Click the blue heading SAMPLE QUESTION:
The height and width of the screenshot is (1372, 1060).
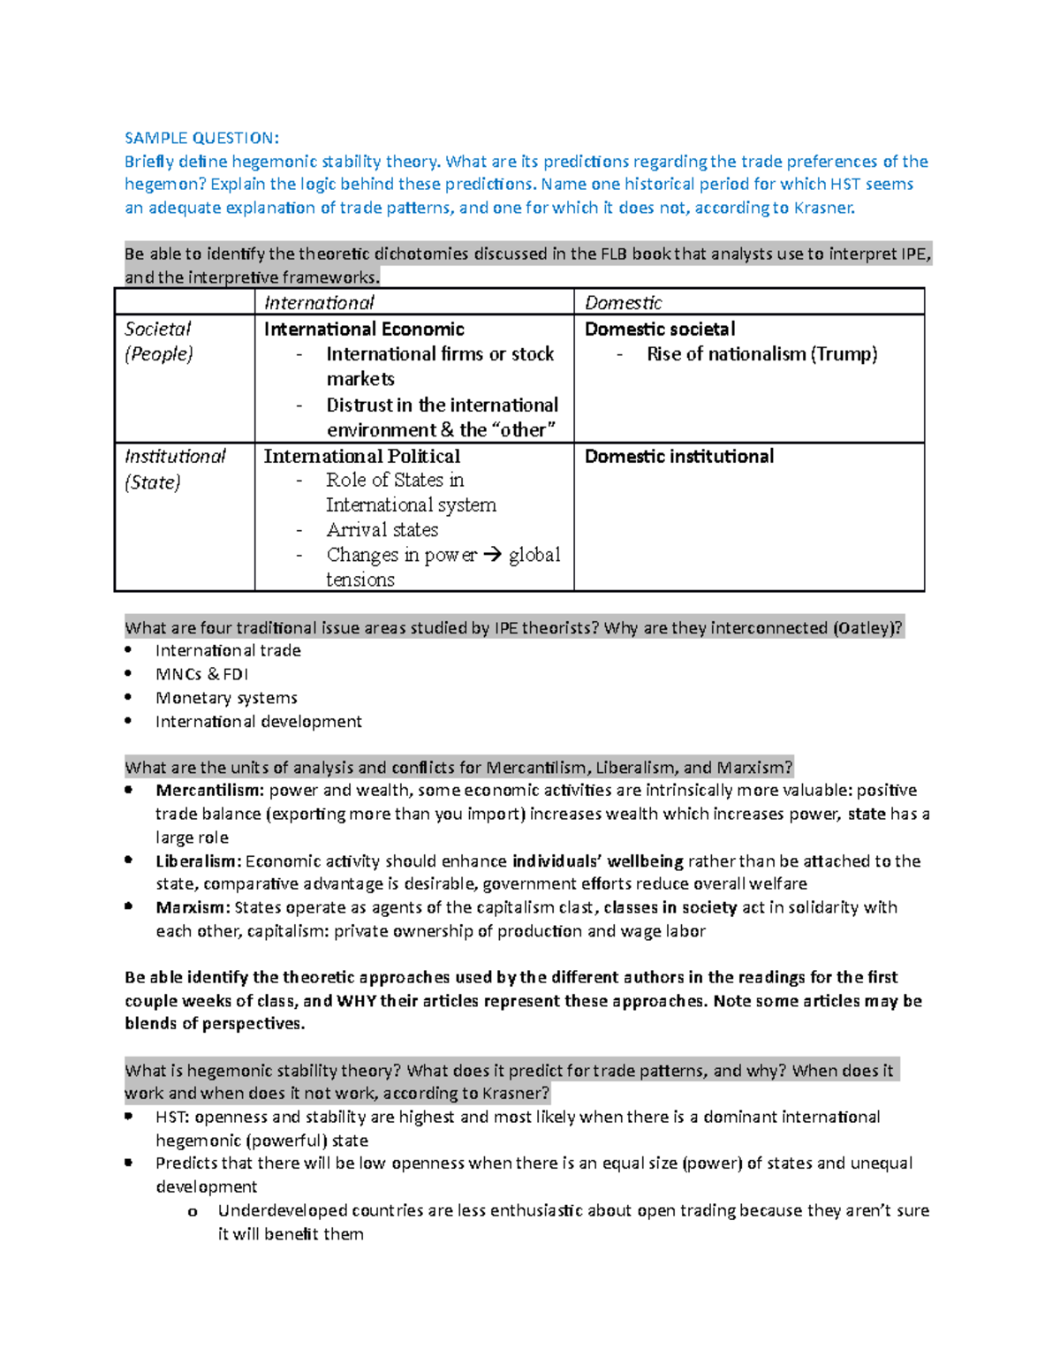click(201, 138)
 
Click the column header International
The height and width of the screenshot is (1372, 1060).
click(319, 303)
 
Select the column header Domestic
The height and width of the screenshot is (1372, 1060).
click(623, 303)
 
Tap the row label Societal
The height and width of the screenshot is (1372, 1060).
click(157, 330)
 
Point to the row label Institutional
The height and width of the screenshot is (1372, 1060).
click(175, 457)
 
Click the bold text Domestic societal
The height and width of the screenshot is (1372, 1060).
click(659, 330)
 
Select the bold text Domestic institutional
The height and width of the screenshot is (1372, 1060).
click(678, 457)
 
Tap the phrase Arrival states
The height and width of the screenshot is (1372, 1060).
click(382, 530)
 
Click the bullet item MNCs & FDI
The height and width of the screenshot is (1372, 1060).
click(201, 674)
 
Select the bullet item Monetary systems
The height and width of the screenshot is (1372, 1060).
click(226, 698)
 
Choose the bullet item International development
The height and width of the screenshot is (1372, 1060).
click(258, 722)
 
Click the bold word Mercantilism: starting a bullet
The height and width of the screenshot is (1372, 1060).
click(209, 791)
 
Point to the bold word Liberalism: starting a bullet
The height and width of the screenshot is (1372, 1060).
click(199, 861)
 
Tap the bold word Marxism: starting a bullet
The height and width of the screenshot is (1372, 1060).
click(193, 907)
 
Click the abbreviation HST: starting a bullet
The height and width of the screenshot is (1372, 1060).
click(172, 1118)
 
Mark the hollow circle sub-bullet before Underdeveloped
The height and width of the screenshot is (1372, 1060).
click(193, 1212)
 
